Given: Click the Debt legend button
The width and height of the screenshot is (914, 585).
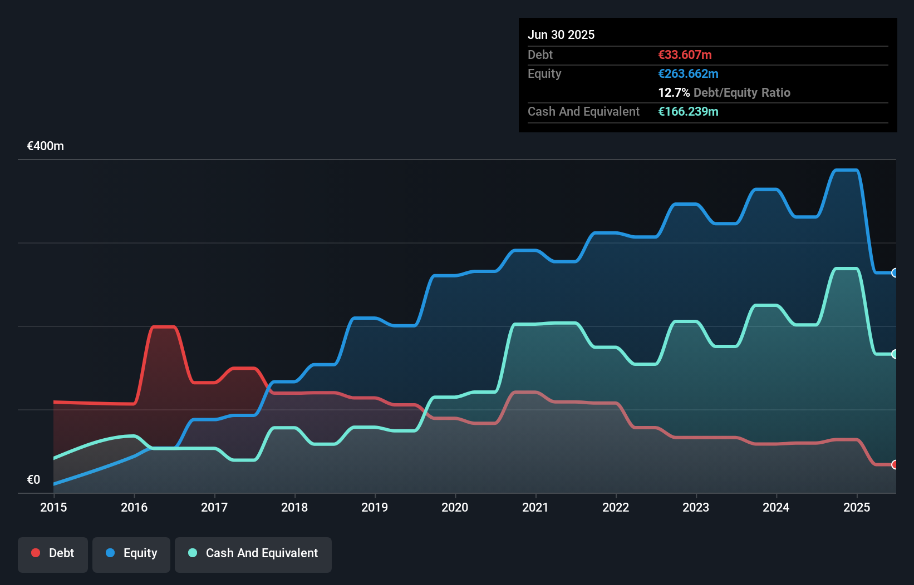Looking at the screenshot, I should [x=53, y=553].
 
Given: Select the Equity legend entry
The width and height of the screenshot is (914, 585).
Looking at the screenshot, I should [x=131, y=553].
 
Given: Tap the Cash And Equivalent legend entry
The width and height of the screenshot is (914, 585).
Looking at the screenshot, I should [x=253, y=553].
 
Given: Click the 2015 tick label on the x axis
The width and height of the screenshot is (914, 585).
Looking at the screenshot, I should [x=53, y=507].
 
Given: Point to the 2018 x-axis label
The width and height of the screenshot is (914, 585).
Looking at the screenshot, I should [x=294, y=507].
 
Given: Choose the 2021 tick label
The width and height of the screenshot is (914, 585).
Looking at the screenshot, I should [x=535, y=507].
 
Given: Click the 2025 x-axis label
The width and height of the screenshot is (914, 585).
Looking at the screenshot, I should [x=856, y=507].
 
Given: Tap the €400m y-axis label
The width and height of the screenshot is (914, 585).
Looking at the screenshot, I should [x=46, y=146].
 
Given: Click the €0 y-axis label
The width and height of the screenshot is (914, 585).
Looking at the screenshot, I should [x=33, y=479].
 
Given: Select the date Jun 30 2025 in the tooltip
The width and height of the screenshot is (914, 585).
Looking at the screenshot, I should [x=561, y=34].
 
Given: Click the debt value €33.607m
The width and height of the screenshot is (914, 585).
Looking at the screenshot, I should [x=685, y=54].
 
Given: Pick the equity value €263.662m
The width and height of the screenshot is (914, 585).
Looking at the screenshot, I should [x=688, y=73].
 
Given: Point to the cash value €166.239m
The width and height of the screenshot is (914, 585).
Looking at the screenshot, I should [x=688, y=111].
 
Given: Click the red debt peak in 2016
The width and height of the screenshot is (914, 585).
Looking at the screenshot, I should [x=164, y=327].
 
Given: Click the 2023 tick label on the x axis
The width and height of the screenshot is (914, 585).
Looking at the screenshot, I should [x=696, y=507].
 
